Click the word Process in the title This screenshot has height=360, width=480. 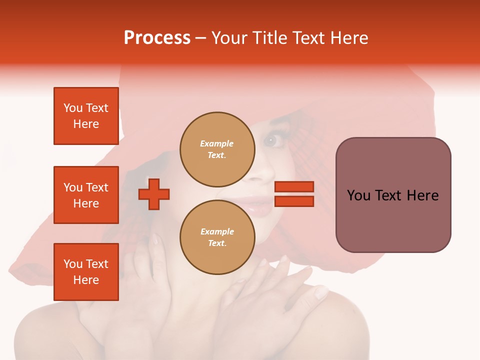click(157, 38)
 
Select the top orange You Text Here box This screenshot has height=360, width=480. click(86, 116)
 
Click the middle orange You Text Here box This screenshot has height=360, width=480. click(86, 195)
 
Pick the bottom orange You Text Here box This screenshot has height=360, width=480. click(86, 272)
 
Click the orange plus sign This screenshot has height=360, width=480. click(154, 194)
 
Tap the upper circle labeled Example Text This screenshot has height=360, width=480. click(217, 149)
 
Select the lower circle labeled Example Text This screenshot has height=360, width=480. click(217, 237)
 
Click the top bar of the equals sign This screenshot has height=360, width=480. click(294, 187)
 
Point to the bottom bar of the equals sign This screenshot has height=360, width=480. click(294, 201)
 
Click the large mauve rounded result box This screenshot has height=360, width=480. click(393, 195)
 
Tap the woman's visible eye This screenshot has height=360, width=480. click(270, 141)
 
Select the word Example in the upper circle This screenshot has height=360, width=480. click(217, 144)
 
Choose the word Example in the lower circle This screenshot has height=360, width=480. click(217, 232)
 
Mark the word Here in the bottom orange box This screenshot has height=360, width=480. click(86, 280)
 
